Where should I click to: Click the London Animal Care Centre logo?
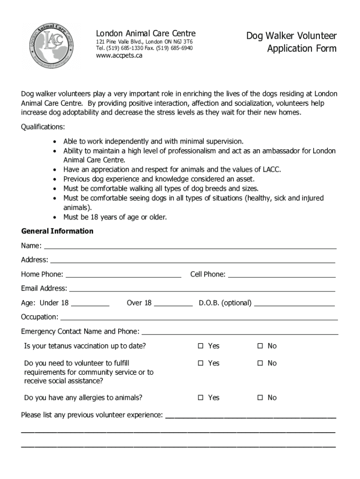click(50, 47)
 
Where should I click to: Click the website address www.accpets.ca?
click(119, 56)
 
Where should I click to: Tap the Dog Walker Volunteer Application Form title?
click(291, 42)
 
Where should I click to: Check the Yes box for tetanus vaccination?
click(201, 346)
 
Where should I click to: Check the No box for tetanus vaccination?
click(260, 346)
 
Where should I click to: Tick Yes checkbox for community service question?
click(201, 363)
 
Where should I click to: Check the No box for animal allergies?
click(260, 398)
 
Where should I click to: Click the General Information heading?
click(57, 231)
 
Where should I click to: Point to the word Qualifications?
click(43, 127)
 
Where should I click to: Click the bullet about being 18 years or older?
click(115, 217)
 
